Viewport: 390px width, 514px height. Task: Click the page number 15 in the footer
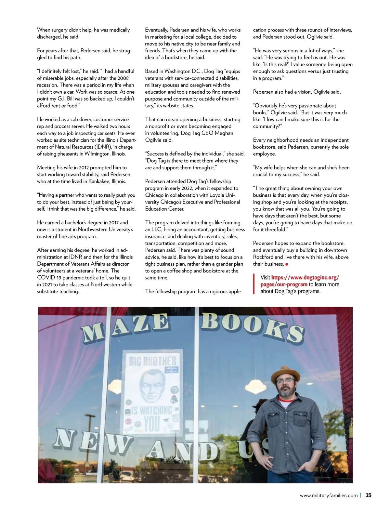(x=369, y=495)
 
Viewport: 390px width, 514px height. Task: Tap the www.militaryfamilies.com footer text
(x=329, y=496)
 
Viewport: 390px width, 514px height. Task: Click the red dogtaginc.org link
(x=300, y=281)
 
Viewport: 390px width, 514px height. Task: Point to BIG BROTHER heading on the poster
(x=152, y=361)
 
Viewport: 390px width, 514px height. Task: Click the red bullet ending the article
(x=287, y=264)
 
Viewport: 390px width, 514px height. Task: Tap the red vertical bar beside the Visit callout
(x=254, y=284)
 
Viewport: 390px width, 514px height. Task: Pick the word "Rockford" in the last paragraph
(x=264, y=257)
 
